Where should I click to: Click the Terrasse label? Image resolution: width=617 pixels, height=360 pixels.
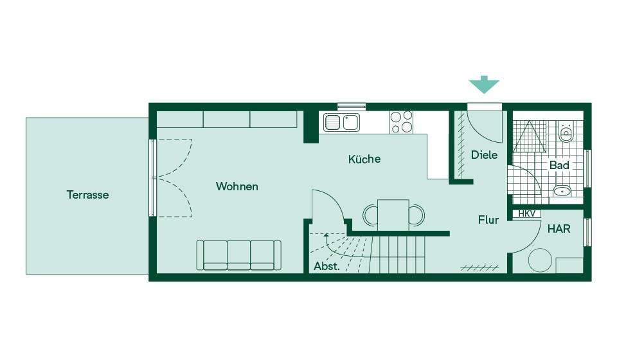coord(87,195)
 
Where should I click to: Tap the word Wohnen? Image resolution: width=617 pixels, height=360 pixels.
coord(237,186)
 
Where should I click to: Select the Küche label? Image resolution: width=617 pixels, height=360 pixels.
coord(364,159)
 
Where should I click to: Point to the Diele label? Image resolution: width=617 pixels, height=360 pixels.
coord(484,155)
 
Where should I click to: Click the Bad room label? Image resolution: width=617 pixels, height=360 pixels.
coord(559,165)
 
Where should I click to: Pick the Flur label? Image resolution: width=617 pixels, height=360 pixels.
coord(488,220)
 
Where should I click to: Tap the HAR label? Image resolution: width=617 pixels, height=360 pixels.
coord(559,229)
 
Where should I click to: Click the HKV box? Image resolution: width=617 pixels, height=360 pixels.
coord(526,213)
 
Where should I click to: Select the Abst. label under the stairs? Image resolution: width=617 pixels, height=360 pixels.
coord(326,266)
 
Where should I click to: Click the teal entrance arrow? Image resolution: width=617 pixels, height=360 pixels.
coord(483,84)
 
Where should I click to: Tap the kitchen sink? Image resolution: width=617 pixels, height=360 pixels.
coord(341,122)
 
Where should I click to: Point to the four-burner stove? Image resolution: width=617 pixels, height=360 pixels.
coord(401,122)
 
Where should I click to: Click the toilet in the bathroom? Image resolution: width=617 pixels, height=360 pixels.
coord(566,131)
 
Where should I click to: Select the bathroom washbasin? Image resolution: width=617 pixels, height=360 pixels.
coord(562,191)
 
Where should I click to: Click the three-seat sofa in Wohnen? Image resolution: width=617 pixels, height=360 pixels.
coord(239,255)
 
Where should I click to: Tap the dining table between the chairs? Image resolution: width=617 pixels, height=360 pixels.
coord(393,215)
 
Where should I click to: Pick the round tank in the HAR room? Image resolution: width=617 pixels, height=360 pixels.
coord(540,260)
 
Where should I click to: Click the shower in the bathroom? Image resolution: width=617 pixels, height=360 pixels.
coord(530,136)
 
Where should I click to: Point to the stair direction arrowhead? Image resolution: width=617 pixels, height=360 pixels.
coord(326,236)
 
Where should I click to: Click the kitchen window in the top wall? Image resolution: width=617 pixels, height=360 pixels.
coord(352,107)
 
